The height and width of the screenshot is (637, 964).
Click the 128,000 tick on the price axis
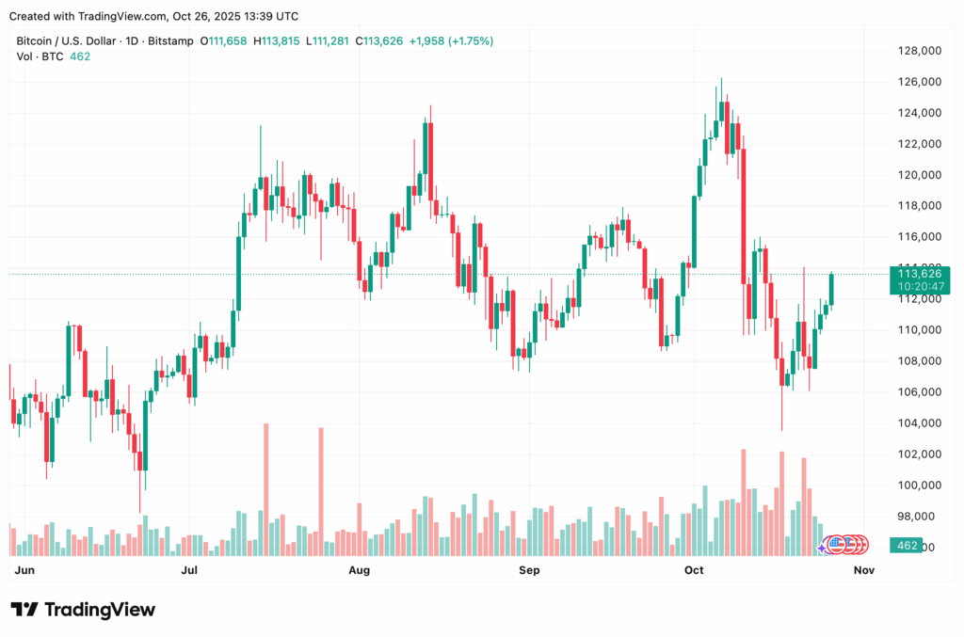click(x=919, y=51)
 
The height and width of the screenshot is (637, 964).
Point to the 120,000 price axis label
click(x=919, y=175)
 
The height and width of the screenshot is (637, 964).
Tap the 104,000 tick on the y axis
click(x=919, y=423)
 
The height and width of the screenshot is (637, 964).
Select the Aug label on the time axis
click(x=359, y=570)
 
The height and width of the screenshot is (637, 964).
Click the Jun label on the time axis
click(x=25, y=570)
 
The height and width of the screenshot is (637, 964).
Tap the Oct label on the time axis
click(x=695, y=570)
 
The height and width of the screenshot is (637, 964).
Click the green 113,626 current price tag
click(x=920, y=275)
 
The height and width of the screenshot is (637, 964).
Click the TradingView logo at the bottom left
click(x=83, y=610)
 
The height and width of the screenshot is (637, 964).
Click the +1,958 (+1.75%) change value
click(x=451, y=41)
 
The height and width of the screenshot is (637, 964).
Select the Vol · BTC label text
click(x=40, y=56)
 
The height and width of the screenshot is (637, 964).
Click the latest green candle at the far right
click(x=832, y=289)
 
